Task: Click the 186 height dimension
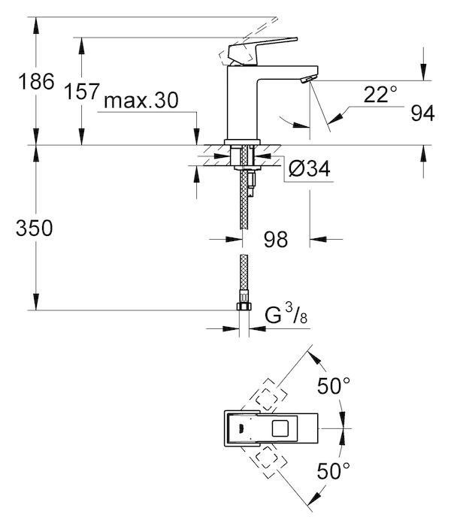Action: [36, 82]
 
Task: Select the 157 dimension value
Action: [82, 91]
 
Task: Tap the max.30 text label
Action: [141, 100]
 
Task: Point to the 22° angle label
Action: [380, 94]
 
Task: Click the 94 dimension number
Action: [422, 113]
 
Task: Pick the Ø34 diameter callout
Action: [309, 168]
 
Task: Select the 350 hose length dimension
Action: [35, 228]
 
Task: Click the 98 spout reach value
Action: [276, 239]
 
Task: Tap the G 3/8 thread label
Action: [286, 314]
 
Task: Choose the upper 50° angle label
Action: [334, 385]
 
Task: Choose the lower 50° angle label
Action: [334, 470]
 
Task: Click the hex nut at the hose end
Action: [244, 307]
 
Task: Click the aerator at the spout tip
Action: [309, 80]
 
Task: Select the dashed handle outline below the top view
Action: [267, 461]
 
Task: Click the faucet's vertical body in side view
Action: [242, 102]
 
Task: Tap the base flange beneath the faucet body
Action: [242, 142]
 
